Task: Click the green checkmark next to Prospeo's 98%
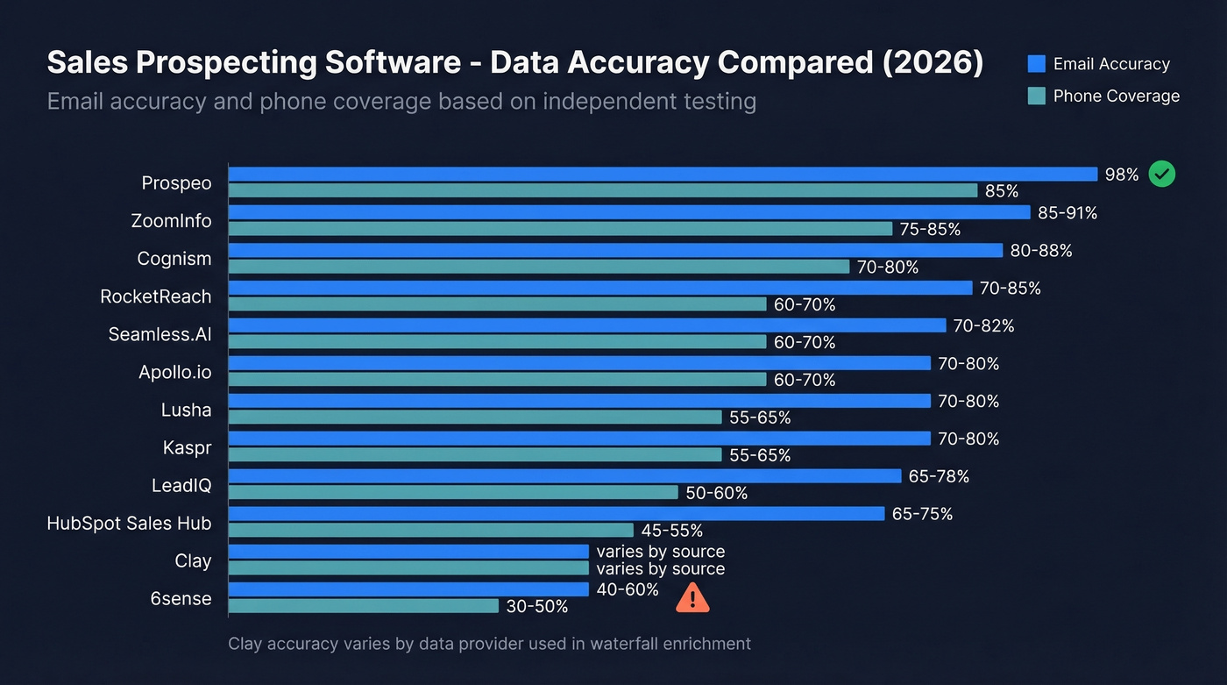1161,174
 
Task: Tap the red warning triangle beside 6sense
692,597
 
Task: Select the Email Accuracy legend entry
1099,64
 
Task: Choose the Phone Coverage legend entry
1104,96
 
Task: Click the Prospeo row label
176,183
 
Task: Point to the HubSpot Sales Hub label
129,523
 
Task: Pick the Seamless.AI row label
160,334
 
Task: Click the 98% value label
1122,175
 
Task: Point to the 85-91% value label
1067,212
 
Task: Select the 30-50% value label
537,606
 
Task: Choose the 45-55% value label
672,531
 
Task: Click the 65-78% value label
940,476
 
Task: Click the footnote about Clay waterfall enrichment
489,644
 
